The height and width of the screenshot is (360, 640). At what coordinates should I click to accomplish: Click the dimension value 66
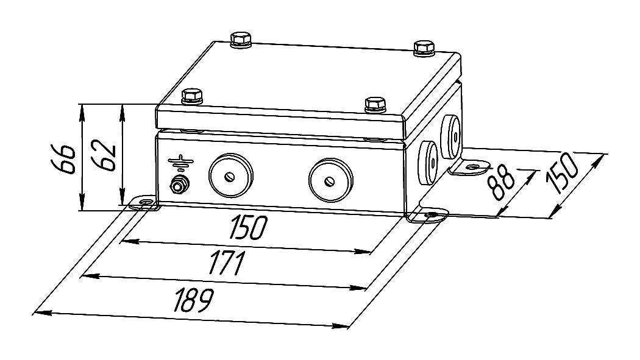[63, 158]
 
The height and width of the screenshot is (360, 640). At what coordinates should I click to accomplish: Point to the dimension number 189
[193, 300]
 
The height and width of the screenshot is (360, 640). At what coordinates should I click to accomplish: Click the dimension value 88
[502, 183]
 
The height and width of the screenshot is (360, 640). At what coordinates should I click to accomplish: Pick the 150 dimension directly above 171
[247, 227]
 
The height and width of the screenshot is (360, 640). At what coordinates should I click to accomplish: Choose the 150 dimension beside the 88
[563, 174]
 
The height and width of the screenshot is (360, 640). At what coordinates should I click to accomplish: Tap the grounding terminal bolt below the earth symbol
[179, 185]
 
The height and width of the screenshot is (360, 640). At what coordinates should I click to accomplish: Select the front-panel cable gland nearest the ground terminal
[230, 175]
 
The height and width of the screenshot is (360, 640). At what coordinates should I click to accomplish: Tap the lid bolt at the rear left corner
[241, 40]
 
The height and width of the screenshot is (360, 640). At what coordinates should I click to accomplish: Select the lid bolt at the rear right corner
[424, 48]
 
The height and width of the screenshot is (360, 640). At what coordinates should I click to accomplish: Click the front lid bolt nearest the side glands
[375, 104]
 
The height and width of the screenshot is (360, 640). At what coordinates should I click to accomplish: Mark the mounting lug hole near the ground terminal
[145, 202]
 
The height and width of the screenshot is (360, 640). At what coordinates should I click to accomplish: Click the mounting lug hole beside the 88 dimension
[472, 167]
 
